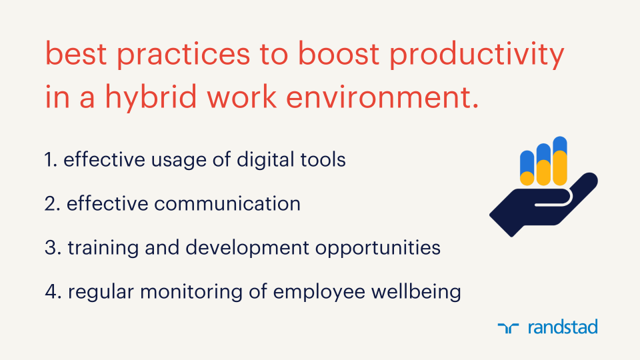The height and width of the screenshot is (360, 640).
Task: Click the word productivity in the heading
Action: coord(477,55)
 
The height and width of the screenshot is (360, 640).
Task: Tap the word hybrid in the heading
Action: coord(151,97)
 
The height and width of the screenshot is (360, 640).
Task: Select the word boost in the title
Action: coord(338,53)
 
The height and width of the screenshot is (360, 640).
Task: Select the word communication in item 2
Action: coord(227,204)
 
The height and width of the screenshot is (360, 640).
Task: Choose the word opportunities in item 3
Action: coord(378,249)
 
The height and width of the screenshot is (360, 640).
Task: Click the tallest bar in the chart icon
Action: coord(559,161)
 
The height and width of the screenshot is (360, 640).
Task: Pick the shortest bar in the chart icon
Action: coord(527,168)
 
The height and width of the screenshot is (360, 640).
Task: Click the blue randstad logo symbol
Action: coord(508,328)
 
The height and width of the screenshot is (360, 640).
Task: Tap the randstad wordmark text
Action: coord(563,327)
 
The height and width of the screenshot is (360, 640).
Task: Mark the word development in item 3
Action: coord(247,249)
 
